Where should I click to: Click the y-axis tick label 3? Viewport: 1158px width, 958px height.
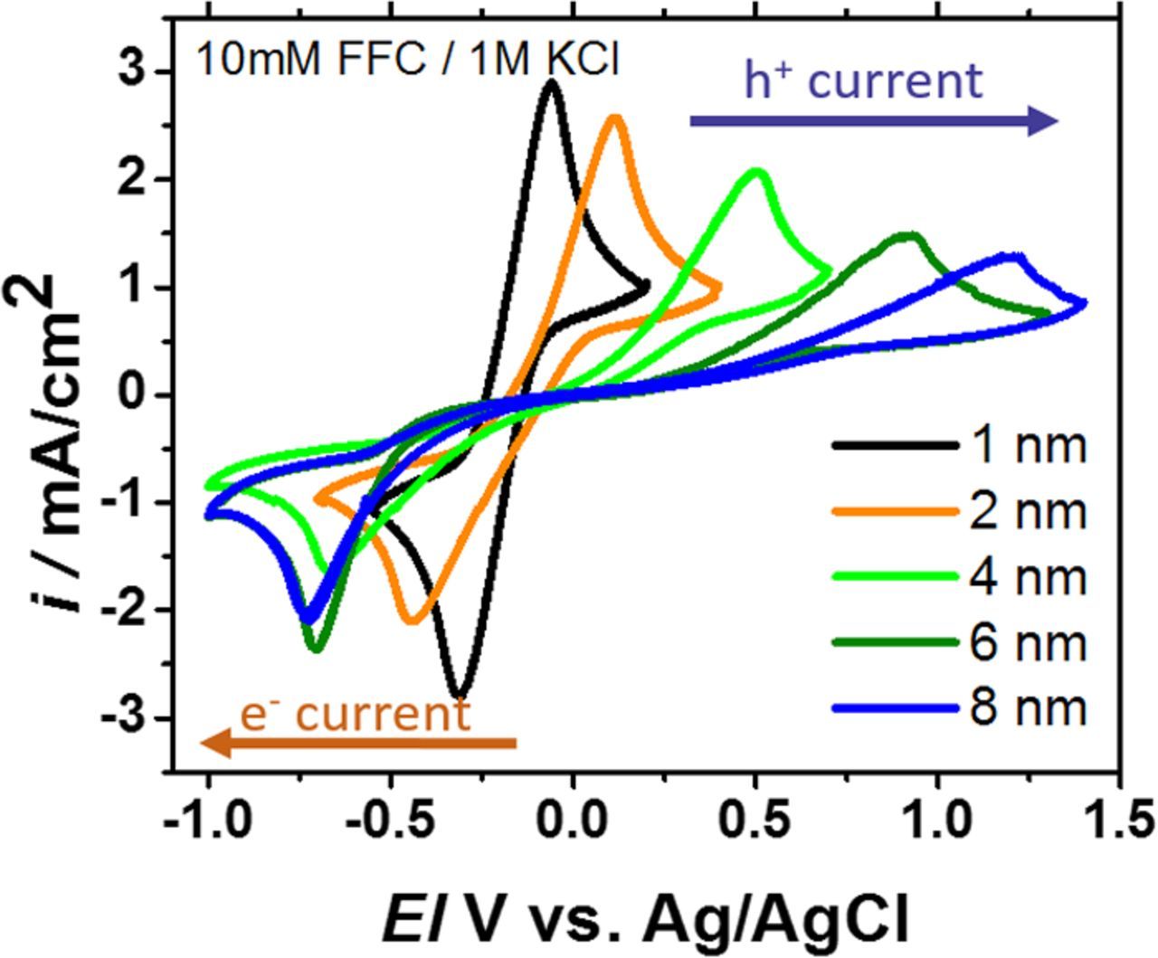click(134, 72)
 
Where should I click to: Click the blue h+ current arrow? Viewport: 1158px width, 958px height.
click(873, 120)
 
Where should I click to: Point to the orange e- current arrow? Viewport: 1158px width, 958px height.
click(357, 745)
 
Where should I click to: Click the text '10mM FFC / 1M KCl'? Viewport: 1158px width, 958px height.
click(408, 61)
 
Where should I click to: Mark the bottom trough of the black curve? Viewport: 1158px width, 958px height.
click(460, 696)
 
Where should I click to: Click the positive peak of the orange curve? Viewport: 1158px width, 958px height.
click(615, 118)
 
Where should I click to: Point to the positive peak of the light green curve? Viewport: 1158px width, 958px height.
click(756, 171)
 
